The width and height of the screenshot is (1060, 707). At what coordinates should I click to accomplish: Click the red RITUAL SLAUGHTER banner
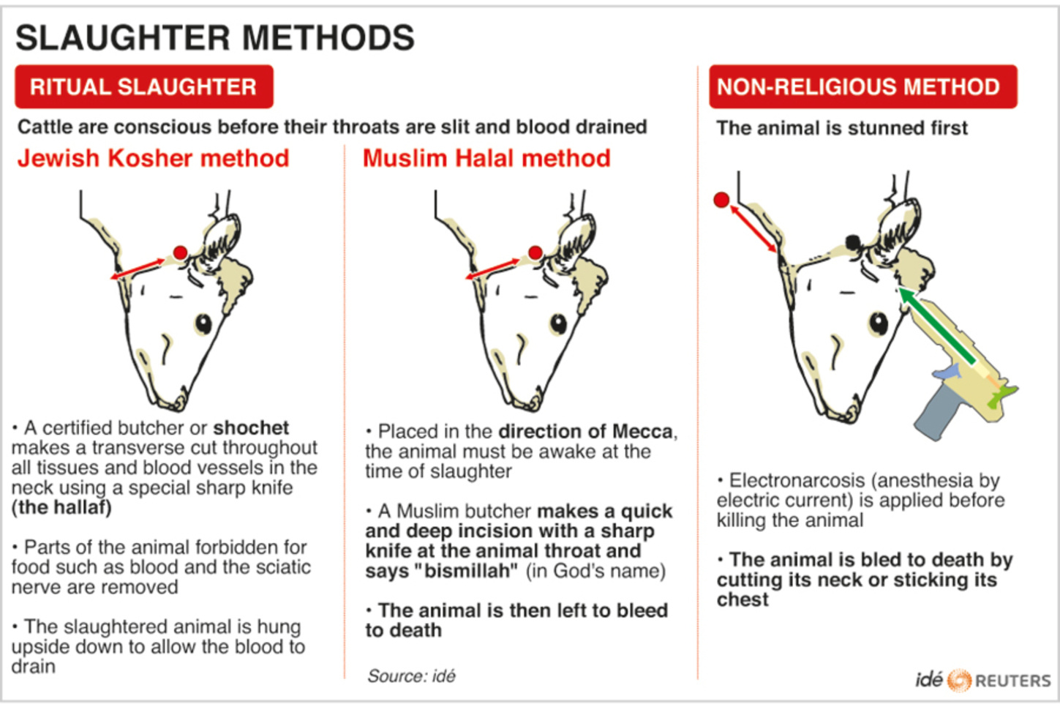click(143, 87)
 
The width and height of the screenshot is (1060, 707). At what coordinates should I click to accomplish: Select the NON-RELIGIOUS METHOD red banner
click(862, 87)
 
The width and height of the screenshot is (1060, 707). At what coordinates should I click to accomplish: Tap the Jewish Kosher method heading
click(154, 158)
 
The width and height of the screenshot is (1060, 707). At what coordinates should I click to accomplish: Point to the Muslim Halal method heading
click(486, 158)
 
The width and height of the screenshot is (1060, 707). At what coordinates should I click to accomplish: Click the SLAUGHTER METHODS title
click(215, 38)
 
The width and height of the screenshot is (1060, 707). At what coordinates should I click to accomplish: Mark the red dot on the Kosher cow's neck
click(180, 253)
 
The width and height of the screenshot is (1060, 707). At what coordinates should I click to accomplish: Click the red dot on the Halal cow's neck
click(535, 252)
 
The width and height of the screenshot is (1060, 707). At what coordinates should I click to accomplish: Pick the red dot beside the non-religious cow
click(721, 200)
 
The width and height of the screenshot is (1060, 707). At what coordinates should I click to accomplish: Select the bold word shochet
click(251, 427)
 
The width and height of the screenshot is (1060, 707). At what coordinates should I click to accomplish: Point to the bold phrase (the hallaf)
click(61, 507)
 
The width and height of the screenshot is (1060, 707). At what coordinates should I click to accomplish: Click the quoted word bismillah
click(468, 571)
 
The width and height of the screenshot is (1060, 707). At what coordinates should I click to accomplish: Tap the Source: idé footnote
click(411, 676)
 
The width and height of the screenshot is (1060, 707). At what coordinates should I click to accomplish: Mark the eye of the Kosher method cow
click(203, 323)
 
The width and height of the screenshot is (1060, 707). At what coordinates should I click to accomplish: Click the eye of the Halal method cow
click(558, 323)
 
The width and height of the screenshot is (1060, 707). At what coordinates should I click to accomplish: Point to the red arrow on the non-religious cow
click(753, 228)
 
